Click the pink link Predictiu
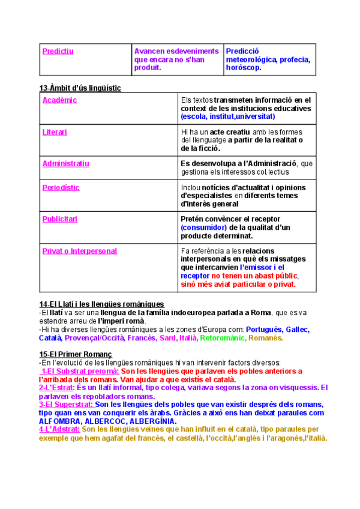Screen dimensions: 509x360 (58, 52)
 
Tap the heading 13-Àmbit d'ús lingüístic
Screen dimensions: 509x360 (80, 88)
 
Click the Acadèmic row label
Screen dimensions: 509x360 (59, 100)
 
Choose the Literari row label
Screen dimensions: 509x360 (55, 131)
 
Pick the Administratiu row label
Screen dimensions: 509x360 (65, 163)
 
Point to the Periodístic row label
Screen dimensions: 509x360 (61, 188)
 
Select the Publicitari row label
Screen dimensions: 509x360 (59, 219)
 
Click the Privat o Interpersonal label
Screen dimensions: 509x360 (79, 251)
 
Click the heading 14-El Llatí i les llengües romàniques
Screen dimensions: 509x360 (101, 304)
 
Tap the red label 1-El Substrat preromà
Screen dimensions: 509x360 (80, 371)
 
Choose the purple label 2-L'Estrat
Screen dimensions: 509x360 (56, 388)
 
